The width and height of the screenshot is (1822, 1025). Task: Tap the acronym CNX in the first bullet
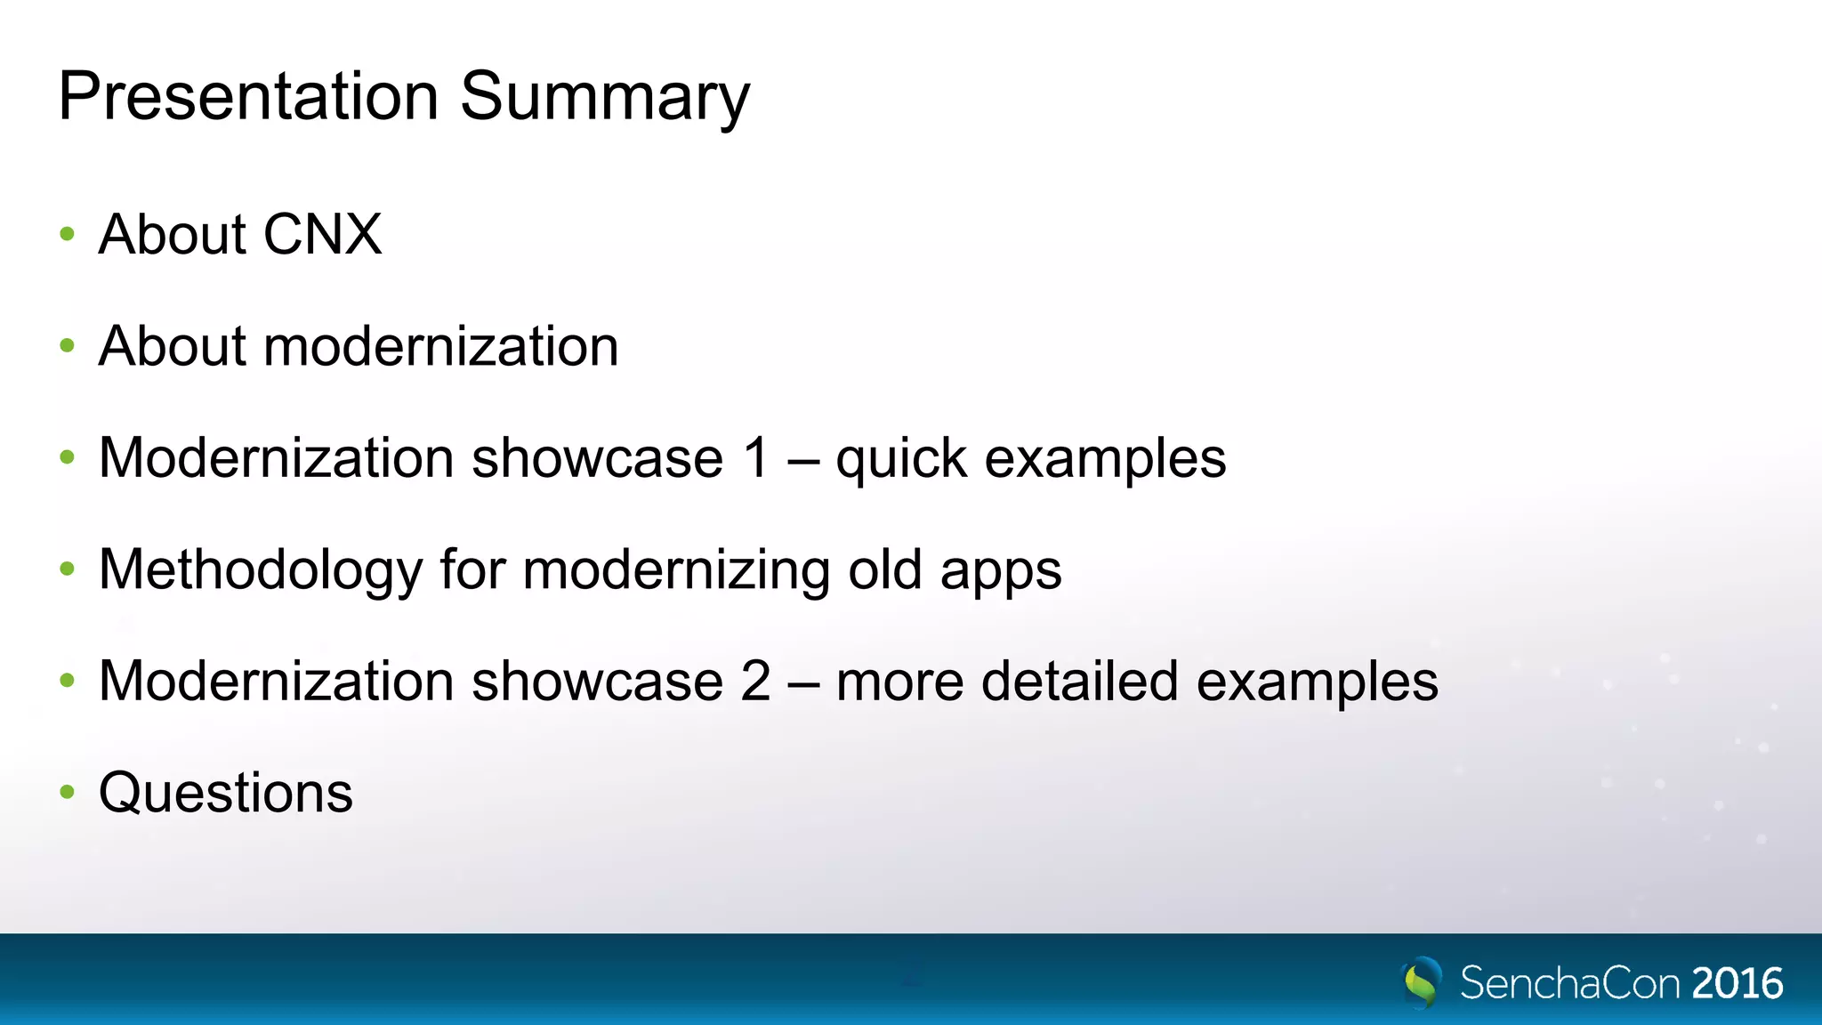(x=322, y=235)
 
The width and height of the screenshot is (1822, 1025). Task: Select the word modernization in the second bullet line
(x=440, y=346)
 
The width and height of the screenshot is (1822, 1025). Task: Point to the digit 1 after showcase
(x=756, y=458)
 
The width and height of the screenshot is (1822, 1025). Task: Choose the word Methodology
(x=260, y=570)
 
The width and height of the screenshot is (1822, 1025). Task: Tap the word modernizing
(x=676, y=570)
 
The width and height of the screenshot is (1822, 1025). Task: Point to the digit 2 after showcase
(x=756, y=682)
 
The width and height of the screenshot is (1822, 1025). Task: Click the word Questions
(x=226, y=793)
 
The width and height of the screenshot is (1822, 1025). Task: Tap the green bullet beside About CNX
(x=67, y=235)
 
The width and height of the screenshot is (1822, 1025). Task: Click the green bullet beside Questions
(x=67, y=792)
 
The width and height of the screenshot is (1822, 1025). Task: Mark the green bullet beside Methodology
(x=67, y=569)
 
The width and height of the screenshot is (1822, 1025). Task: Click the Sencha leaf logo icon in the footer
(x=1422, y=982)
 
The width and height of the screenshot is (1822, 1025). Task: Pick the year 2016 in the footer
(x=1737, y=984)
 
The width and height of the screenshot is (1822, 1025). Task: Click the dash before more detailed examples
(x=803, y=683)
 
